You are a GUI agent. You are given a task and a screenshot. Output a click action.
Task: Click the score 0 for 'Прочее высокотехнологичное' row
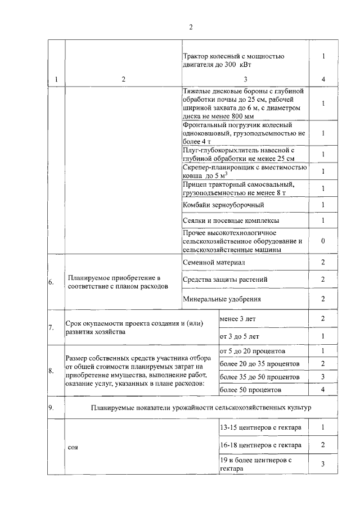323,241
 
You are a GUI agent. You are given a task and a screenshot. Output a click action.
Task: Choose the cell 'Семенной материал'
214,263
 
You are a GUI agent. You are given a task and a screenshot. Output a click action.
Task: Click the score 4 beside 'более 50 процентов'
323,389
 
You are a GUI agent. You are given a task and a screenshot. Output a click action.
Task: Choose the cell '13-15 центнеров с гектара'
260,427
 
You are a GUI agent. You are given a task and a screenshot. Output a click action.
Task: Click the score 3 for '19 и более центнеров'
323,464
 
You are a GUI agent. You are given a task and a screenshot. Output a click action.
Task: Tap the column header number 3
245,79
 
